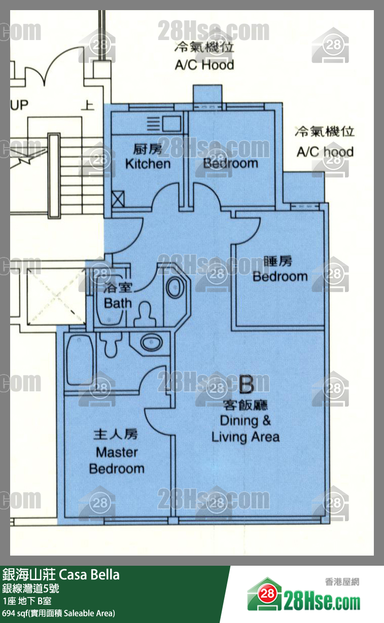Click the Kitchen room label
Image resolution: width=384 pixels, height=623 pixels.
148,157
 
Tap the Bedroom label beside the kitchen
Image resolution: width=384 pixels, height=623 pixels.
231,163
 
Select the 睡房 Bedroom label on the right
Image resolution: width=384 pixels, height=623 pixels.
280,269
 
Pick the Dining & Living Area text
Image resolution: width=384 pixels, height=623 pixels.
246,428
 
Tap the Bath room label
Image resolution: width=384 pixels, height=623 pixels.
118,296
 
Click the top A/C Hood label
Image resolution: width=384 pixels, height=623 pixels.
204,57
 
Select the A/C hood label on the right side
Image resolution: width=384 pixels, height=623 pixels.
325,142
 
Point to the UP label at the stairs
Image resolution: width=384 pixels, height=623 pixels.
20,105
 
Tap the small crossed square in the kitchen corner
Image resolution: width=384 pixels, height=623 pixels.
119,197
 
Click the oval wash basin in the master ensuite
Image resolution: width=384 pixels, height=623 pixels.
151,343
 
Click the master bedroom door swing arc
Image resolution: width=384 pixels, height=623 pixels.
155,421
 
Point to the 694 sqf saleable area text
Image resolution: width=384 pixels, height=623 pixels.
58,613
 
